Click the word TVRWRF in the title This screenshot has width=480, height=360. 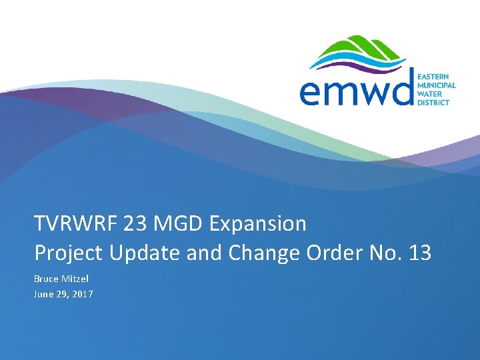pyautogui.click(x=76, y=224)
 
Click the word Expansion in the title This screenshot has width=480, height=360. pyautogui.click(x=258, y=225)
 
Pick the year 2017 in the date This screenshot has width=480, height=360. pyautogui.click(x=83, y=293)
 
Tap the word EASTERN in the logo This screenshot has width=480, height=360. pyautogui.click(x=434, y=77)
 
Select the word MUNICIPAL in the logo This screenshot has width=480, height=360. pyautogui.click(x=437, y=86)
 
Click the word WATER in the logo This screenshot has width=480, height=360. pyautogui.click(x=431, y=94)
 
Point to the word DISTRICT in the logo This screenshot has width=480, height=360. pyautogui.click(x=434, y=103)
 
